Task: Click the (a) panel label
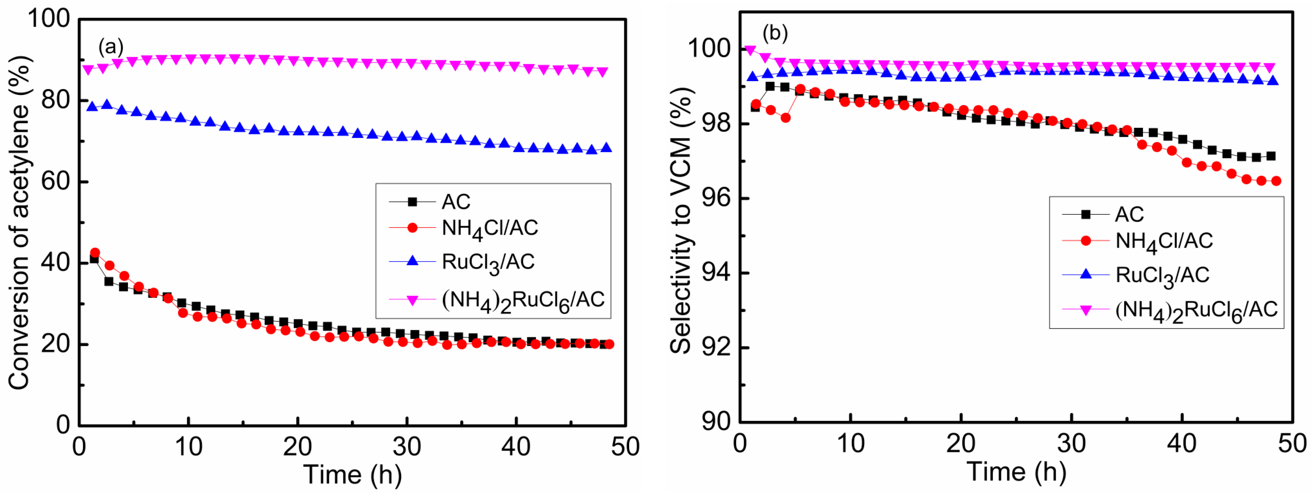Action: coord(111,47)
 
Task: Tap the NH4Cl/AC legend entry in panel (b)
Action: coord(1163,241)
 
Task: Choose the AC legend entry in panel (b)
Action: coord(1129,214)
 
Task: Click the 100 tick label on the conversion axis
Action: coord(49,19)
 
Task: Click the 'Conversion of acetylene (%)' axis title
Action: coord(19,222)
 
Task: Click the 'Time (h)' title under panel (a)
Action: coord(353,475)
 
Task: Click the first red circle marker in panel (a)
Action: coord(95,252)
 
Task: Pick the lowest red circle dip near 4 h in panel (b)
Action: coord(785,118)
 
